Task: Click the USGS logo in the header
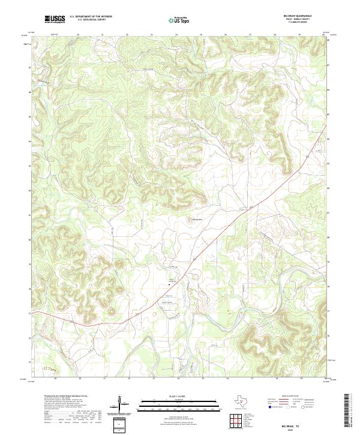[55, 19]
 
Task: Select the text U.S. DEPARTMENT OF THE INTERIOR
[91, 16]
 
